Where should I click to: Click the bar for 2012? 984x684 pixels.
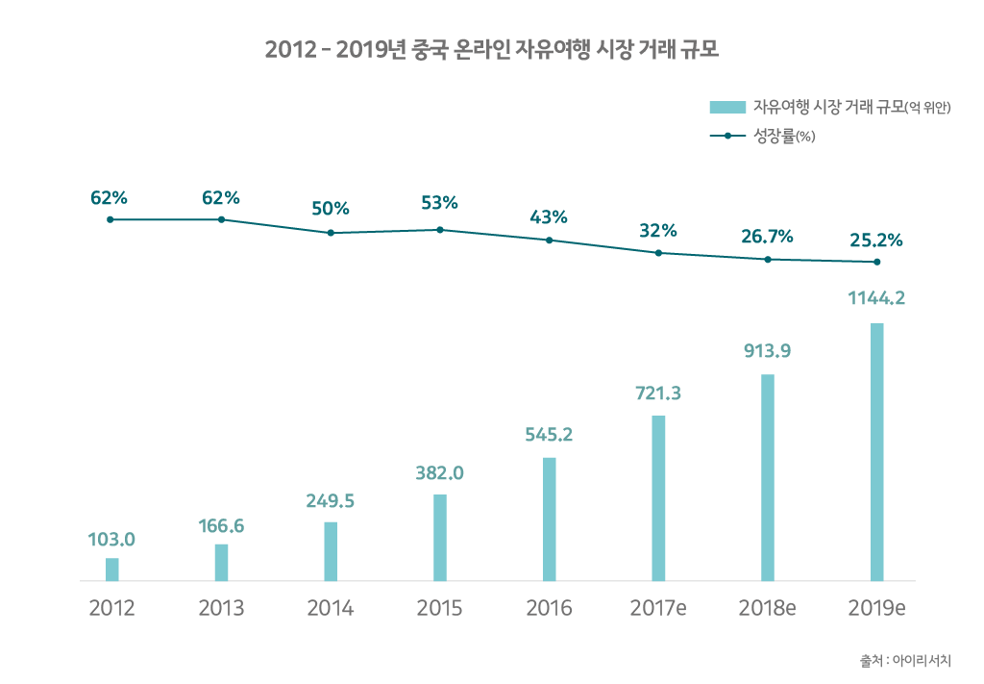[112, 570]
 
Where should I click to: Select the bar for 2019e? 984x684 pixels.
[876, 452]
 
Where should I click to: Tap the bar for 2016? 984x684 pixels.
[549, 519]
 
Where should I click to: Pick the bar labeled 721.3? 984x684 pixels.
[658, 498]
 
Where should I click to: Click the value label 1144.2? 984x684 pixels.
[876, 298]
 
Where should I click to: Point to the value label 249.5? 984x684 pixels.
[331, 500]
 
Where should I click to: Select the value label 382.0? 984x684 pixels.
[440, 472]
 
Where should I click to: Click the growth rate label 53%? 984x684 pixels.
[440, 203]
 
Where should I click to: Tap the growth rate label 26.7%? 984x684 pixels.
[767, 236]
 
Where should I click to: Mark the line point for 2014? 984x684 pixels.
[331, 233]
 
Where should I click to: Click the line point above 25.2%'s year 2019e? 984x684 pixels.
[876, 262]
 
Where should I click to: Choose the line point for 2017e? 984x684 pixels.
[658, 253]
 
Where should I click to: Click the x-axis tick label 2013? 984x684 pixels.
[221, 609]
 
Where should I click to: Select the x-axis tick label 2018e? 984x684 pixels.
[767, 609]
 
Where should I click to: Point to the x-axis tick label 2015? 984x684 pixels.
[440, 609]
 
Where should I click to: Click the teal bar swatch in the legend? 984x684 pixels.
[727, 107]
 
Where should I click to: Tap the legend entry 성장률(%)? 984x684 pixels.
[784, 136]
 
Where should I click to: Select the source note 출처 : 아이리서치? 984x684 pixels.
[905, 661]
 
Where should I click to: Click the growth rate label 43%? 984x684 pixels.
[549, 216]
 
